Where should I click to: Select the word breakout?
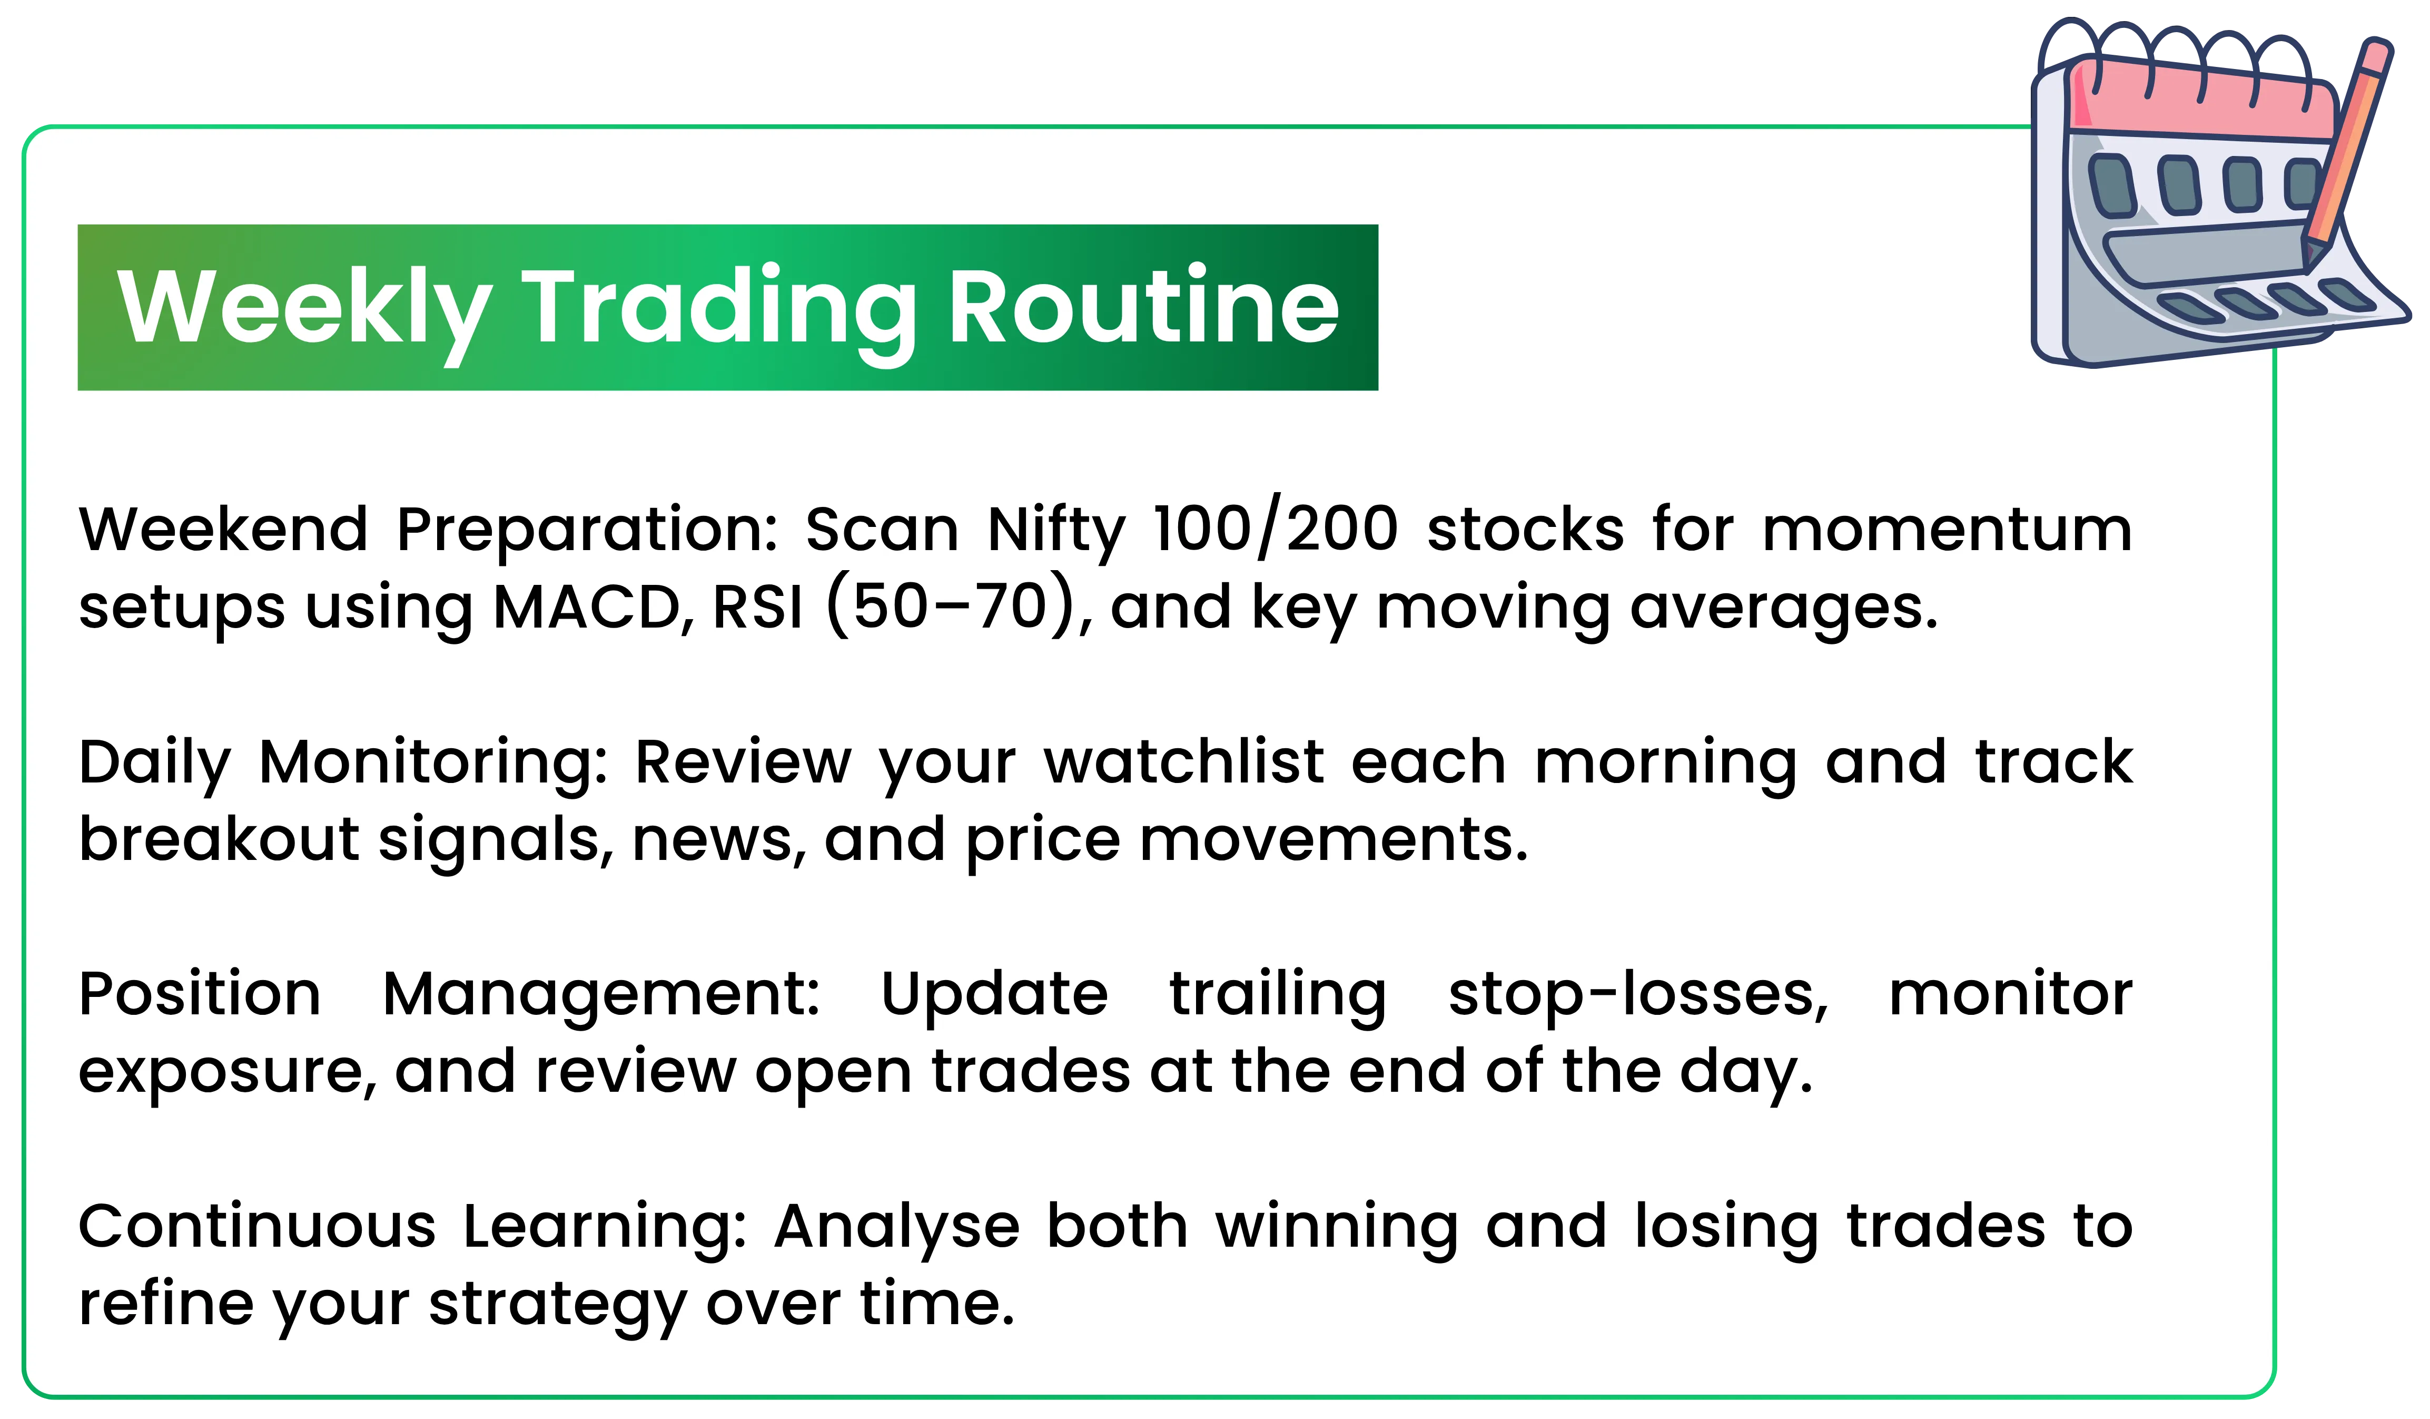(219, 839)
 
